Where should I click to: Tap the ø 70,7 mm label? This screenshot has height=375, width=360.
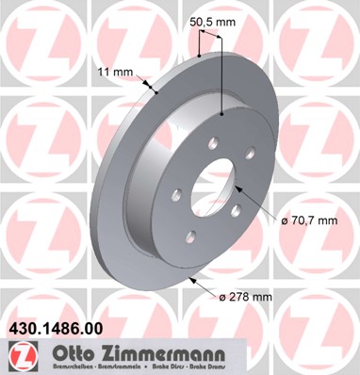pos(309,220)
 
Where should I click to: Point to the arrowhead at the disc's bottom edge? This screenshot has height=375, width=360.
pos(193,279)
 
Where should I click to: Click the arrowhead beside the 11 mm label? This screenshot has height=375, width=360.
pos(151,90)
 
